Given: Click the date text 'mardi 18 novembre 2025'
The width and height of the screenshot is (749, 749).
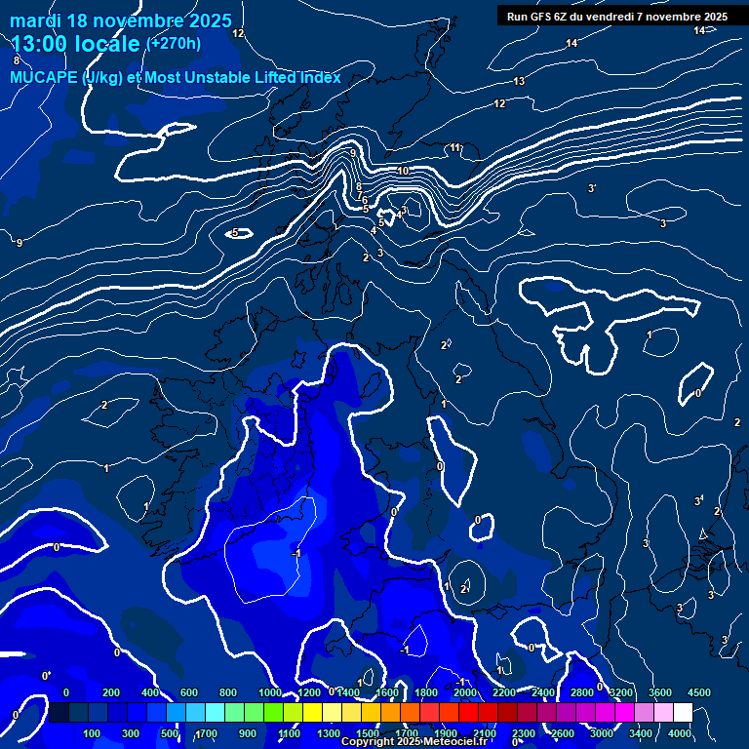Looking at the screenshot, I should click(121, 20).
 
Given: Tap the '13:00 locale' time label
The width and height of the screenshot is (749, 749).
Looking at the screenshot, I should click(77, 44).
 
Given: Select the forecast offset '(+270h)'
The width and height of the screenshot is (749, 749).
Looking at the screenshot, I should click(174, 43).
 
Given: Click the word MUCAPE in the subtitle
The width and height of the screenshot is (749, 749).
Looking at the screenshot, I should click(44, 78).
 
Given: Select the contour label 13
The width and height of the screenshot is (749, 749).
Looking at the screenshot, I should click(519, 81).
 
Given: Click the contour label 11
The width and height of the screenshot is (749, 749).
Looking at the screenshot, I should click(454, 148).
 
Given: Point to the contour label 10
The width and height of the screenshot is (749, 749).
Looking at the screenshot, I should click(403, 171).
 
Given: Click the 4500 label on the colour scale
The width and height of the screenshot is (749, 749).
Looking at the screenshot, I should click(698, 692).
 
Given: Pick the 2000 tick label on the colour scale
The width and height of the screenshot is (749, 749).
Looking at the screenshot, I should click(464, 692).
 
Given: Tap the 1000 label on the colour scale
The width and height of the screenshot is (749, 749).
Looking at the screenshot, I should click(270, 692).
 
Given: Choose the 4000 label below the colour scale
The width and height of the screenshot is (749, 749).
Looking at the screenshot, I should click(679, 733).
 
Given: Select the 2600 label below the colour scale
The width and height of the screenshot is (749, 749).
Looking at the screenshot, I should click(563, 733).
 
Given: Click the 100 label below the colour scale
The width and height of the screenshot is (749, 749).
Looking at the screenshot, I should click(93, 733).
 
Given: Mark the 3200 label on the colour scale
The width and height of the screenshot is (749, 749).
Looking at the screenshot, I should click(620, 692).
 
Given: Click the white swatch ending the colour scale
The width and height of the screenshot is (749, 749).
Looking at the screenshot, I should click(683, 713).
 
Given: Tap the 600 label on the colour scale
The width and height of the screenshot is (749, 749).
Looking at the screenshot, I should click(189, 692).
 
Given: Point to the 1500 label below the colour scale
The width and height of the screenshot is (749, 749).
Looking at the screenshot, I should click(367, 733).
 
